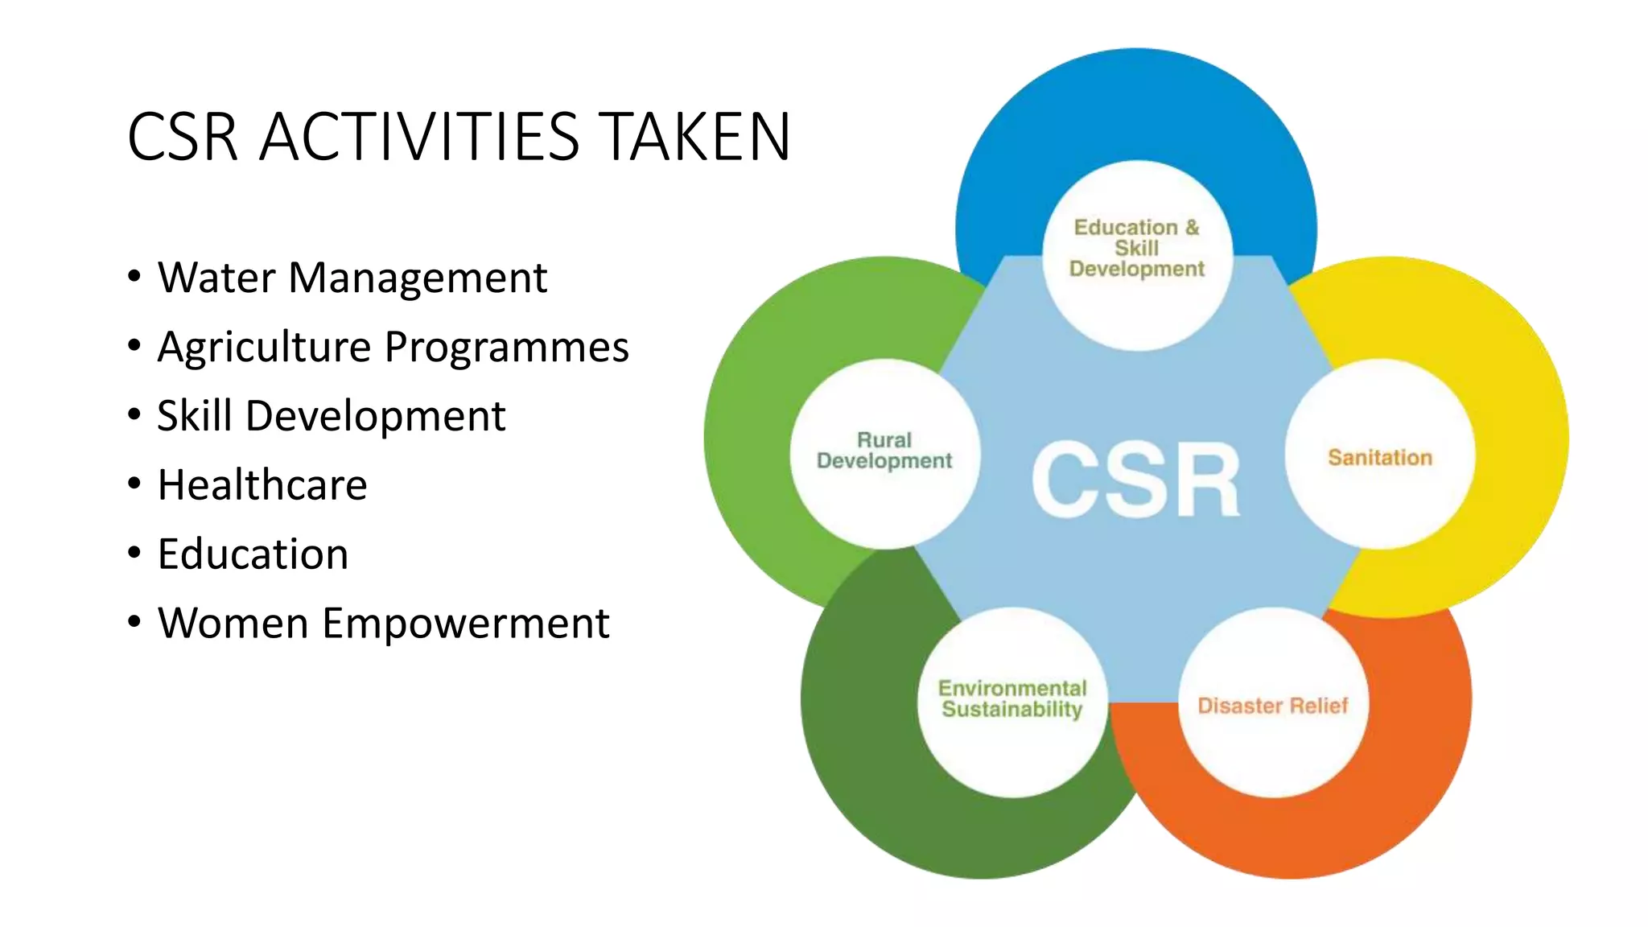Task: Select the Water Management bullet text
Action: pos(352,278)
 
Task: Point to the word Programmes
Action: pos(506,348)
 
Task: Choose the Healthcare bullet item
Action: pos(262,485)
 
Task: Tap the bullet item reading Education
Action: pos(253,554)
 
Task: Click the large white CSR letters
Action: pos(1135,480)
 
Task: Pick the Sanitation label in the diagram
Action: pos(1380,457)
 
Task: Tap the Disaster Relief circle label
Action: pos(1272,706)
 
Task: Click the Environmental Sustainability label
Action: pos(1011,698)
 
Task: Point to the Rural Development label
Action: pos(884,451)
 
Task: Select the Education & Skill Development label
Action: pos(1136,248)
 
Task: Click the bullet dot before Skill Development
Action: pos(134,415)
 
